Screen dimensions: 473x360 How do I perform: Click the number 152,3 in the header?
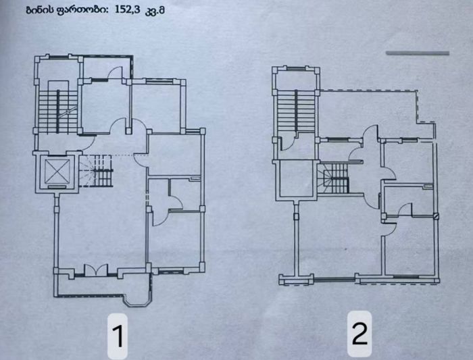point(127,9)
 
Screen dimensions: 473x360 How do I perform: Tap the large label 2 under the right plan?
point(359,333)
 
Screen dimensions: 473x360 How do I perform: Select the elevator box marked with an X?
point(57,171)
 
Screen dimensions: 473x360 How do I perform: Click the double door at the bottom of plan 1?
point(96,270)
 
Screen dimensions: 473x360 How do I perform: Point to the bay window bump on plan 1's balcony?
point(138,301)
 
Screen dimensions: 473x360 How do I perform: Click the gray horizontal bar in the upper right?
point(418,53)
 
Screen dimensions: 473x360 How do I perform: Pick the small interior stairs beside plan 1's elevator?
point(97,171)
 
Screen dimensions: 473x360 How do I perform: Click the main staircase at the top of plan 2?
point(296,111)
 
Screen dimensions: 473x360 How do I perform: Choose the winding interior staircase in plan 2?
point(333,178)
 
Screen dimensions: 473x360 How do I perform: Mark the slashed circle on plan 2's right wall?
point(436,216)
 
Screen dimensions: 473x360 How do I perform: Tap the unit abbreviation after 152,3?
point(155,11)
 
